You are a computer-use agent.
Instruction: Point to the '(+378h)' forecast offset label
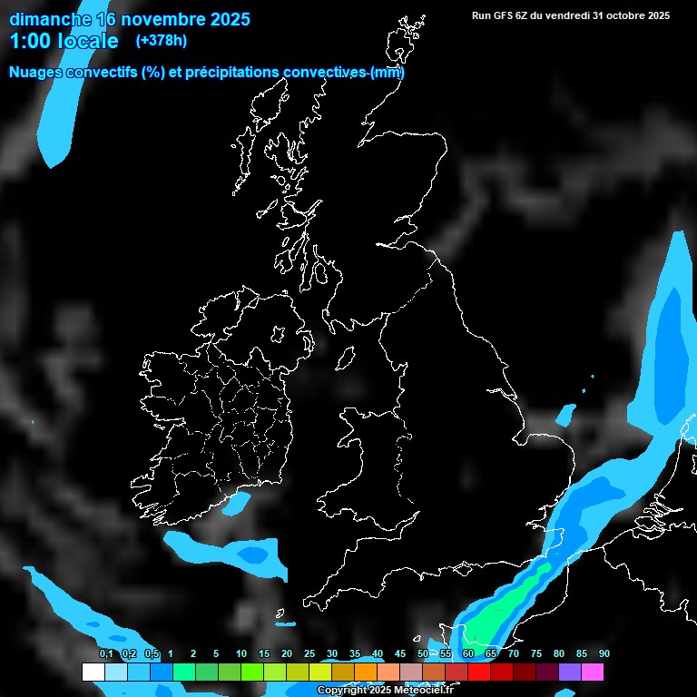161,40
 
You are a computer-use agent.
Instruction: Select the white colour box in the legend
93,672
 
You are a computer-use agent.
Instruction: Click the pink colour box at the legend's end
593,672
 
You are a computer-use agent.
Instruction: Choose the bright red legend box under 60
479,672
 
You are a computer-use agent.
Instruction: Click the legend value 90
604,654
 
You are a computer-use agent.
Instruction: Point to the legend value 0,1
106,654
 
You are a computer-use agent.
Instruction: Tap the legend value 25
309,654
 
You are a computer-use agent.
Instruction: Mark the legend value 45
400,654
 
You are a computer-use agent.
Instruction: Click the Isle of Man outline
345,359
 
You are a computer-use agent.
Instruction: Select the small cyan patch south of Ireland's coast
238,501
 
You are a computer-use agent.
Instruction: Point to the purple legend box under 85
570,672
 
